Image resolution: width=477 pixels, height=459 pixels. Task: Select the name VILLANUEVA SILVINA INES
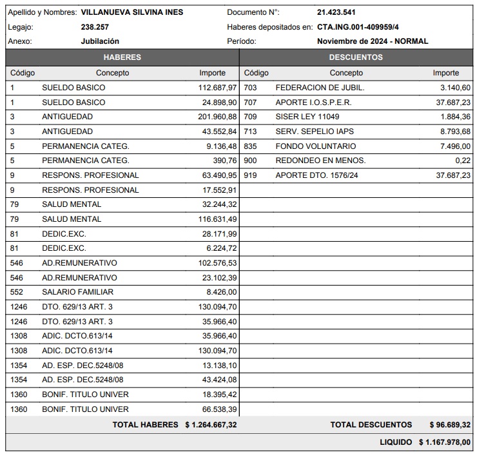click(x=132, y=12)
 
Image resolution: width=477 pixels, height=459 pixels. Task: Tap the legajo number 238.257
click(x=95, y=27)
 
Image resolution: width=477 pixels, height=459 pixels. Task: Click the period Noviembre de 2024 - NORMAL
click(x=373, y=41)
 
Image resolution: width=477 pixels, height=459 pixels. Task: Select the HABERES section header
click(x=122, y=57)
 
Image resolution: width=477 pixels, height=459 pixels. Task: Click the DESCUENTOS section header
click(x=356, y=57)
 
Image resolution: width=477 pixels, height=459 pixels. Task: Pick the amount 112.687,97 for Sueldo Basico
click(x=218, y=88)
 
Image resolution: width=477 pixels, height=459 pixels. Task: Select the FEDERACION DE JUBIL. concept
click(x=320, y=88)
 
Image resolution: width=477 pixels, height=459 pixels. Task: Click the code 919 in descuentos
click(x=250, y=175)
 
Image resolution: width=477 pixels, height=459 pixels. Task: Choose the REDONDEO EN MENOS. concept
click(x=320, y=161)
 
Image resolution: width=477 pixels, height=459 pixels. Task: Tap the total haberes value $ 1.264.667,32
click(x=211, y=425)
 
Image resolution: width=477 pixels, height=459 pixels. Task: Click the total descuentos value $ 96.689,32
click(x=450, y=425)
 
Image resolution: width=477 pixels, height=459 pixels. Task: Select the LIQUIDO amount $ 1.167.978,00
click(x=444, y=442)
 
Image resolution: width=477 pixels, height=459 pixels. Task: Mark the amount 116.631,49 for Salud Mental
click(x=218, y=219)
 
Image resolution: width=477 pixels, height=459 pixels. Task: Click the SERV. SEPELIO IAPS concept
click(x=315, y=132)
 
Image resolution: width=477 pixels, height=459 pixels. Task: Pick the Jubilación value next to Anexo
click(x=100, y=41)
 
